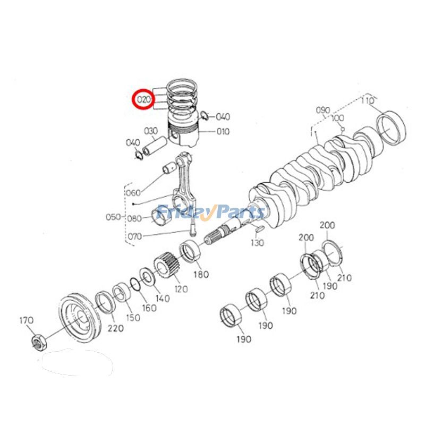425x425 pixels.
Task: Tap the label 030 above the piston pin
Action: (x=151, y=131)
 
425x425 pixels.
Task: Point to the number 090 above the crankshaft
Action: (x=323, y=110)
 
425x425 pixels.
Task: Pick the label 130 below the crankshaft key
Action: (x=257, y=243)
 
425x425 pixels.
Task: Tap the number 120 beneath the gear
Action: (x=181, y=288)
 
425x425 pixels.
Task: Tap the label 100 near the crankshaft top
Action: (x=337, y=118)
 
